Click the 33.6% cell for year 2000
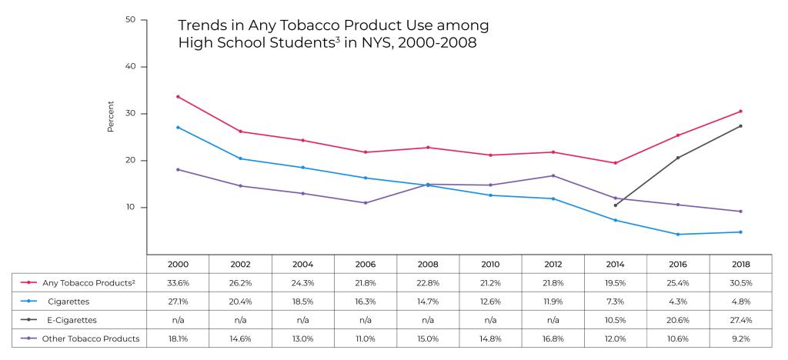coord(178,282)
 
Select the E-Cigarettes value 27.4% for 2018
coord(741,319)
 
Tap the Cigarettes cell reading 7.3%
coord(616,301)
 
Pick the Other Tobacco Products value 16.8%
coord(553,338)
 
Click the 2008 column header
coord(428,264)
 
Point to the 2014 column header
coord(616,264)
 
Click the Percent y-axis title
coord(111,116)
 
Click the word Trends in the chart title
coord(201,26)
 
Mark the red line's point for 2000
coord(178,96)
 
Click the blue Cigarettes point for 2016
coord(678,234)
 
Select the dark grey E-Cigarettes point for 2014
coord(616,205)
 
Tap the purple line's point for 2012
coord(553,175)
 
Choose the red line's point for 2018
coord(741,111)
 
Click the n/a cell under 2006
coord(366,319)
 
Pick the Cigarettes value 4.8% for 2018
coord(741,301)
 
